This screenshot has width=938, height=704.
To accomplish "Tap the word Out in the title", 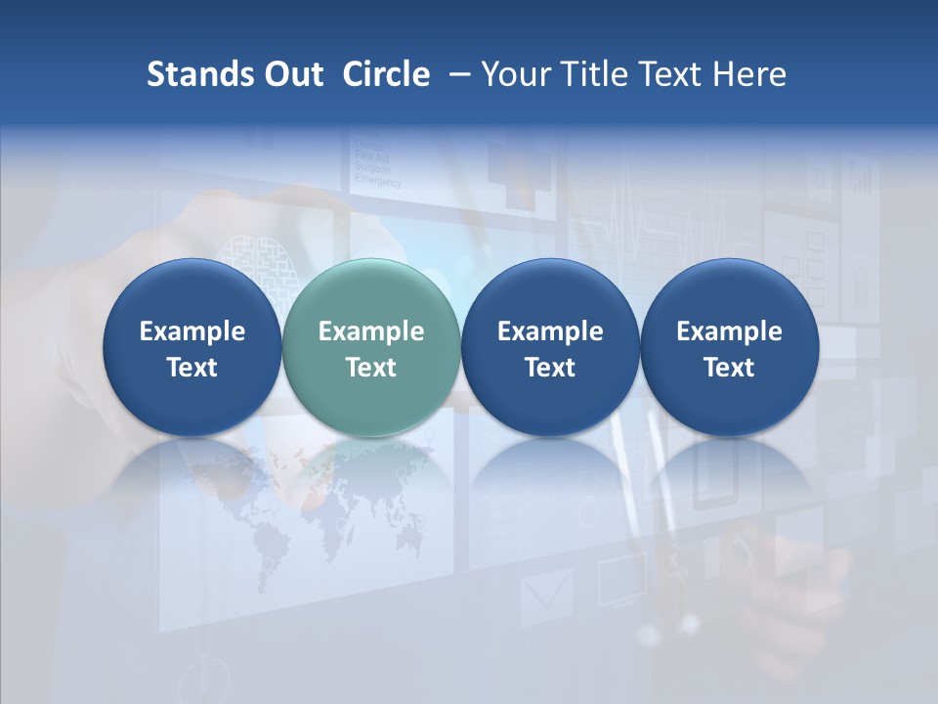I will coord(290,74).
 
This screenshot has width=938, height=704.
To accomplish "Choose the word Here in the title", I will coord(749,74).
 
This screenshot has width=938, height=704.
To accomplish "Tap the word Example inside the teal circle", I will coord(371,331).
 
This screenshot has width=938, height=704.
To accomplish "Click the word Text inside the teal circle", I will coord(371,368).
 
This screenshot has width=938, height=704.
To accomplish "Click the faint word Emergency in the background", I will coord(377,182).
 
